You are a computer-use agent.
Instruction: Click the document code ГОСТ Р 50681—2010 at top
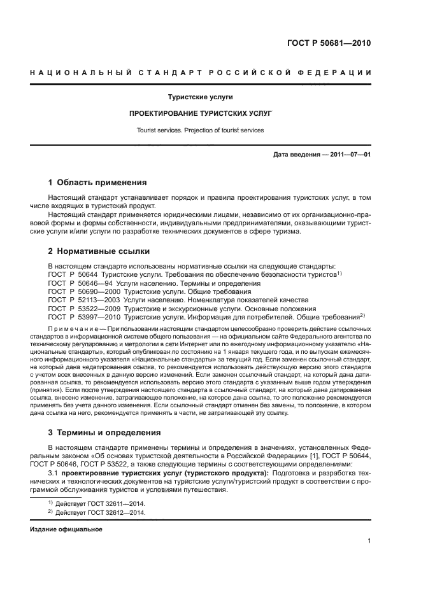pos(325,44)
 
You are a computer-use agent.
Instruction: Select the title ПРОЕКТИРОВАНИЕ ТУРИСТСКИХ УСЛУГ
pos(201,113)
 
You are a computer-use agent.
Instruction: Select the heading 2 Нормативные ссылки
pos(96,252)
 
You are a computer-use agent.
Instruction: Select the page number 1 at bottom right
pos(369,542)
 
